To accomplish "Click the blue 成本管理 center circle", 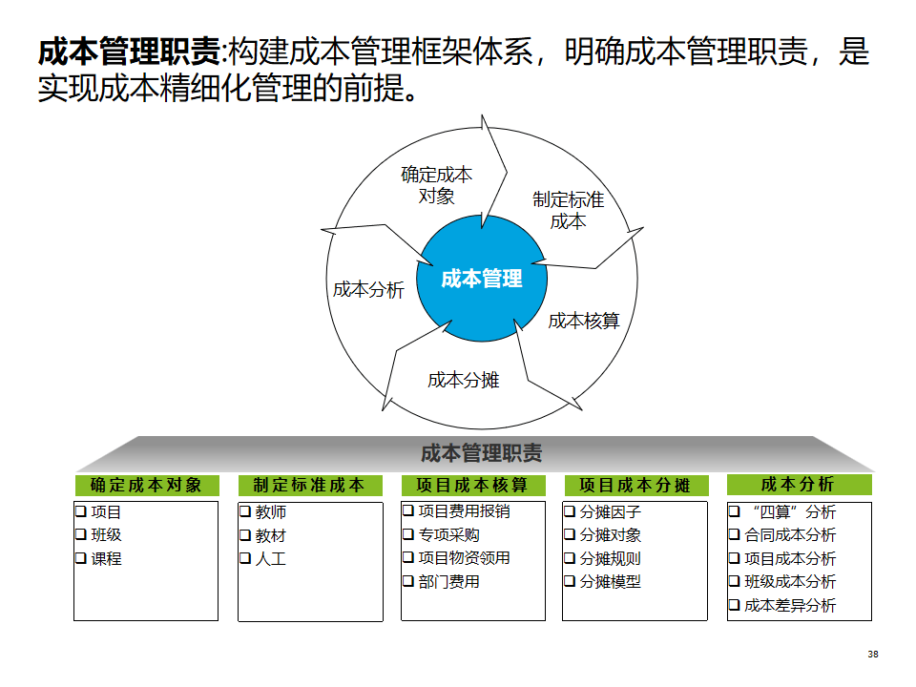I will pyautogui.click(x=482, y=278).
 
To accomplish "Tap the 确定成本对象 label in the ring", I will pyautogui.click(x=436, y=185).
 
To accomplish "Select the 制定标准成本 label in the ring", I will pyautogui.click(x=568, y=210).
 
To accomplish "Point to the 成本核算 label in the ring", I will pyautogui.click(x=583, y=321).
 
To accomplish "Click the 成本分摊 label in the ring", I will pyautogui.click(x=463, y=380).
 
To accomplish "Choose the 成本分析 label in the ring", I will pyautogui.click(x=368, y=290).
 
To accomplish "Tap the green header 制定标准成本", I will pyautogui.click(x=309, y=486).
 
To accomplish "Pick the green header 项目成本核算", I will pyautogui.click(x=472, y=486).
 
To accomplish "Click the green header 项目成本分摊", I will pyautogui.click(x=635, y=486).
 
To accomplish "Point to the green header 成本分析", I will pyautogui.click(x=798, y=485).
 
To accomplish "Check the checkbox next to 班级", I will pyautogui.click(x=82, y=534).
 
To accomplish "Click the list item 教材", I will pyautogui.click(x=270, y=535).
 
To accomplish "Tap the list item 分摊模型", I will pyautogui.click(x=610, y=582).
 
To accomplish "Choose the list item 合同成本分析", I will pyautogui.click(x=789, y=535).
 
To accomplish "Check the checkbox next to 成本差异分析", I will pyautogui.click(x=735, y=605).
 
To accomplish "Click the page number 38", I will pyautogui.click(x=872, y=655).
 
